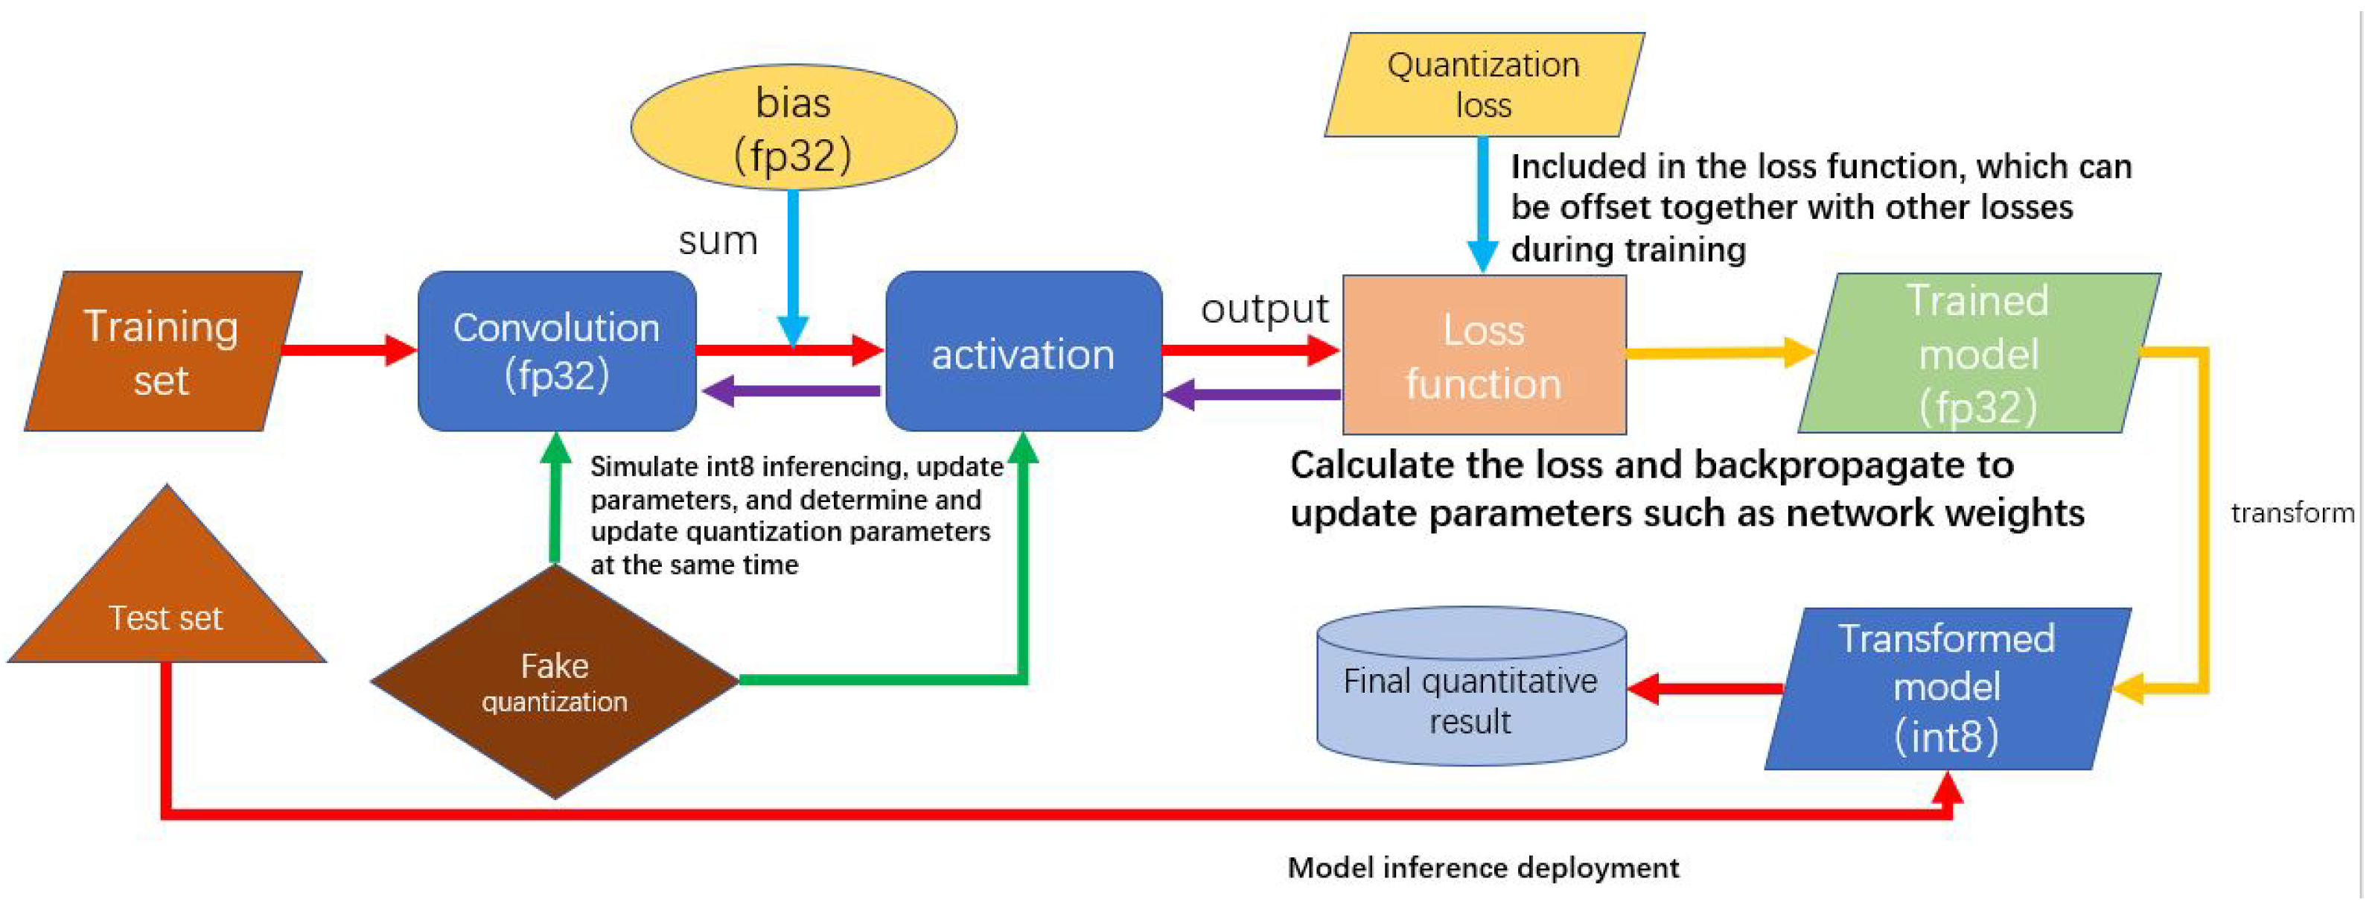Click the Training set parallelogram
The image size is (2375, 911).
[x=162, y=352]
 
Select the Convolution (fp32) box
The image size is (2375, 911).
[x=556, y=352]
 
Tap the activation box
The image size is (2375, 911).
[x=1022, y=353]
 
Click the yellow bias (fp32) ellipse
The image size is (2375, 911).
[x=793, y=127]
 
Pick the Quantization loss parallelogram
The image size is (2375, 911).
[x=1484, y=85]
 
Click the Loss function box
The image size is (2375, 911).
[x=1484, y=356]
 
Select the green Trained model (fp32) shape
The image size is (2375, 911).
[x=1977, y=353]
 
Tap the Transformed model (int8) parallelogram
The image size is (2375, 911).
[x=1946, y=688]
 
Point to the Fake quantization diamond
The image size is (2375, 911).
[x=554, y=682]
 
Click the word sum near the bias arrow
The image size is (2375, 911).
[x=717, y=241]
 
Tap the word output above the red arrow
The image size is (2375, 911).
[x=1264, y=309]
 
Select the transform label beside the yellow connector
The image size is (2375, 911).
[x=2292, y=512]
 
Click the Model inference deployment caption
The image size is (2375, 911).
[x=1482, y=868]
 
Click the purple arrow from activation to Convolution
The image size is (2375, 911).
[x=791, y=391]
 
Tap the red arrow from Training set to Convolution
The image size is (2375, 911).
[x=348, y=349]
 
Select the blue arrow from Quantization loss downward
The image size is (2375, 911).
[x=1482, y=203]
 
